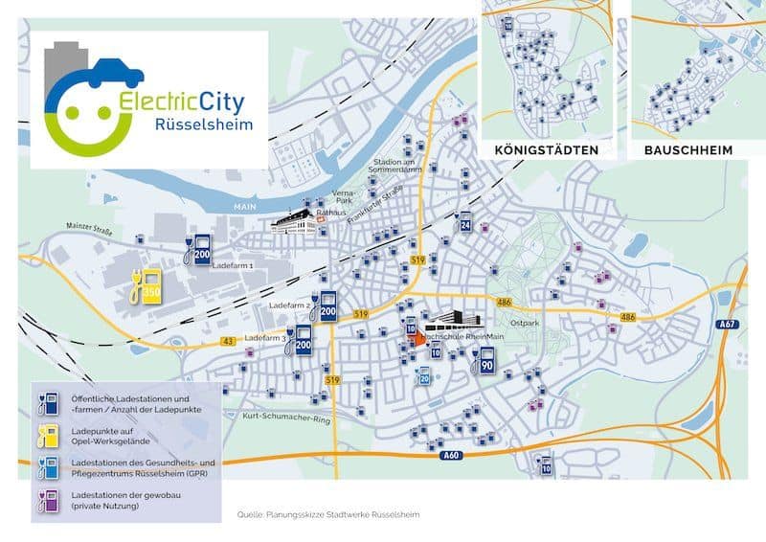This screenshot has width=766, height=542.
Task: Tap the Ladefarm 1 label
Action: pos(232,265)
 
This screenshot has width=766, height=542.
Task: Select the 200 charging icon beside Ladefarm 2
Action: pos(327,306)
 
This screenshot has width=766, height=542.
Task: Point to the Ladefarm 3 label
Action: pos(265,338)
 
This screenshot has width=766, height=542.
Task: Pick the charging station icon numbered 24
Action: pos(465,222)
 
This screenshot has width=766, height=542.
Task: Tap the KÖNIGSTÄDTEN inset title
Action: pos(547,150)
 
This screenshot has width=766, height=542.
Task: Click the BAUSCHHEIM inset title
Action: pos(688,150)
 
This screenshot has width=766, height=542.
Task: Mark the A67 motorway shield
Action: pos(728,325)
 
